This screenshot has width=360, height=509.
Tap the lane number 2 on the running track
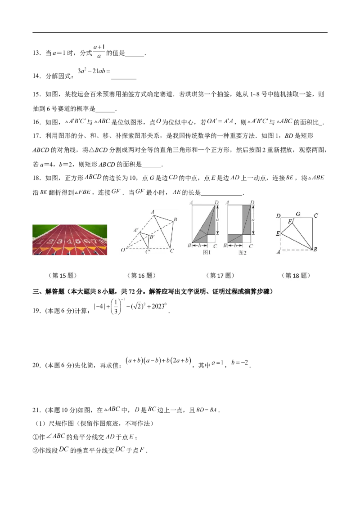50,241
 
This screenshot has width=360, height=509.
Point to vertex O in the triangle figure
123,250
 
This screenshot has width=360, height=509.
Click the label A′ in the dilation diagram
136,230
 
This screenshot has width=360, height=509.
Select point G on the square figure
298,214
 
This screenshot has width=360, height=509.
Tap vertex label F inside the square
290,221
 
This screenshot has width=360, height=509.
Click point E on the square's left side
278,233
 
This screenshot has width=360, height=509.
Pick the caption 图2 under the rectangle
243,253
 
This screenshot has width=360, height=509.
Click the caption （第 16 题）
141,276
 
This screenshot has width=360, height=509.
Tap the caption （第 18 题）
296,276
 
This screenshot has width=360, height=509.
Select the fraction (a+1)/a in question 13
99,52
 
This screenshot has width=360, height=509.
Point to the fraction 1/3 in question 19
116,307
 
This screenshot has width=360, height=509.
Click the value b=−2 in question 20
240,362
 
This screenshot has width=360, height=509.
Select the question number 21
36,410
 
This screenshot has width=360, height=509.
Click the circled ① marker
36,437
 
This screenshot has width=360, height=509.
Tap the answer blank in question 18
222,193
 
